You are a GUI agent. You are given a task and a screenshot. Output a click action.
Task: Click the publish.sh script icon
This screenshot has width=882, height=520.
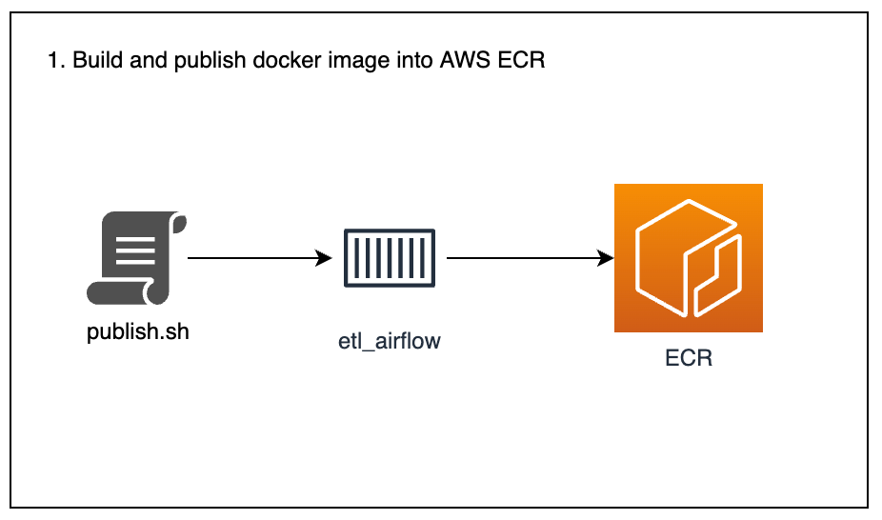[x=137, y=258]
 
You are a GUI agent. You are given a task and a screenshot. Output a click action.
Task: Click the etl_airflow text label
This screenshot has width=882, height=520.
[x=390, y=340]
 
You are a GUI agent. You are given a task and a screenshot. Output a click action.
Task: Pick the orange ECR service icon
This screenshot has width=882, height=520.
[x=688, y=258]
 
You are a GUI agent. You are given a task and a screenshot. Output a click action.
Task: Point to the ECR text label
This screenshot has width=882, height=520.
[x=689, y=359]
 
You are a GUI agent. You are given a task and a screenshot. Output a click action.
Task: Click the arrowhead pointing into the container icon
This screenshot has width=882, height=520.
[x=324, y=258]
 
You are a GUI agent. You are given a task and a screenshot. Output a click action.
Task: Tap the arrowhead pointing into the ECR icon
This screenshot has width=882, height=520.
[x=605, y=258]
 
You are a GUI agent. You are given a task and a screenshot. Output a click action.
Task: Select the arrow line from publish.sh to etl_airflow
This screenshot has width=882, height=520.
[x=252, y=258]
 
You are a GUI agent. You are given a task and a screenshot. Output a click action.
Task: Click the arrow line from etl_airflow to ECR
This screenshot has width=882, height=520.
[x=524, y=258]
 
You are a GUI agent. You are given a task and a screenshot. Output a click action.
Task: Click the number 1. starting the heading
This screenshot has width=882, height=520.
[x=55, y=61]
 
